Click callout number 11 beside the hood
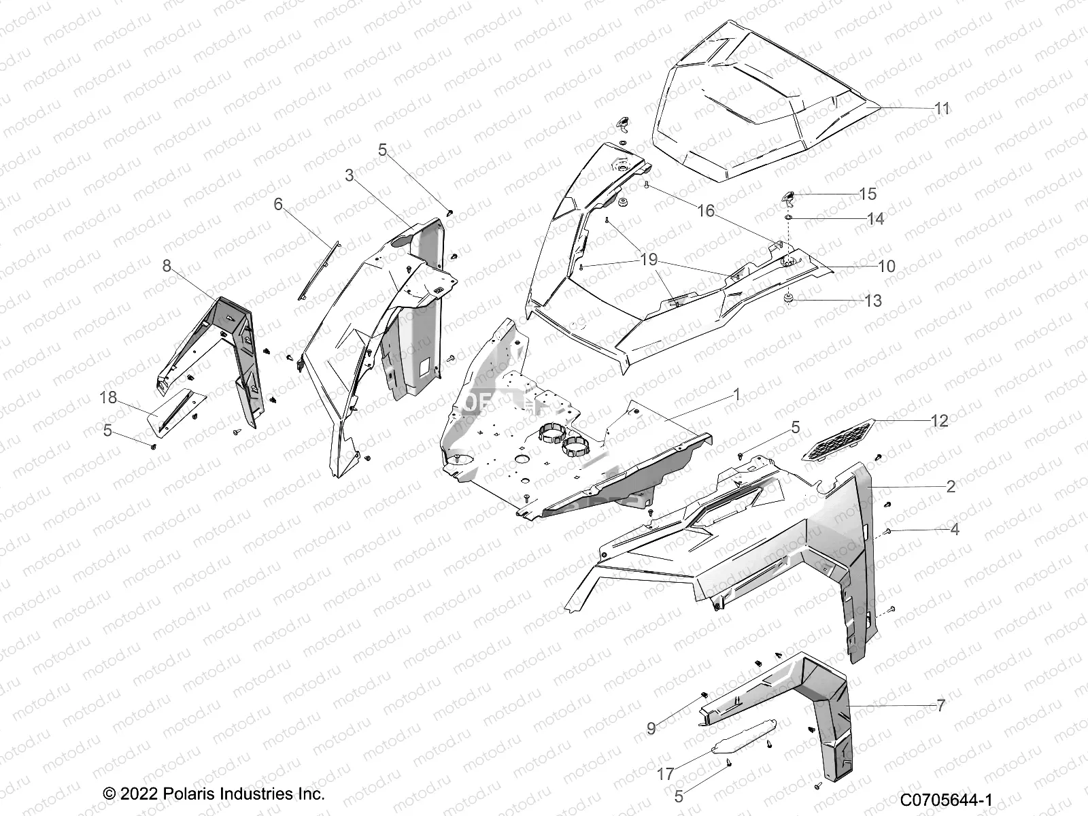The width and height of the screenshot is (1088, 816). pyautogui.click(x=942, y=109)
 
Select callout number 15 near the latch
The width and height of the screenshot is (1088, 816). pyautogui.click(x=868, y=194)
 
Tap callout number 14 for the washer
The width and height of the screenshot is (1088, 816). pyautogui.click(x=875, y=219)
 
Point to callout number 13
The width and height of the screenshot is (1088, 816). pyautogui.click(x=872, y=301)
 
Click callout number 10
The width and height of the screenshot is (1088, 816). pyautogui.click(x=887, y=267)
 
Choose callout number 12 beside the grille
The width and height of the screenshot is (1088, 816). pyautogui.click(x=939, y=422)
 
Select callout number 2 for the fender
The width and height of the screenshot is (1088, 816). pyautogui.click(x=951, y=486)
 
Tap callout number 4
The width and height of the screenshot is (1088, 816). pyautogui.click(x=955, y=529)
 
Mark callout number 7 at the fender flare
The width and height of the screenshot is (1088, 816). pyautogui.click(x=941, y=706)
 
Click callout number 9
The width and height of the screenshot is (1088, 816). pyautogui.click(x=651, y=729)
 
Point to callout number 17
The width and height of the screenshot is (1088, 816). pyautogui.click(x=666, y=775)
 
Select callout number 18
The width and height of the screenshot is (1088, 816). pyautogui.click(x=108, y=398)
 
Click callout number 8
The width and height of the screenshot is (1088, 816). pyautogui.click(x=167, y=266)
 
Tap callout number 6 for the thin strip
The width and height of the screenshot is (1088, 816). pyautogui.click(x=278, y=204)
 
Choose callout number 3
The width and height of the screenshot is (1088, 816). pyautogui.click(x=350, y=175)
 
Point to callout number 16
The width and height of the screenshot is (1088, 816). pyautogui.click(x=706, y=211)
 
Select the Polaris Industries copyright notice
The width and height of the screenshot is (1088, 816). pyautogui.click(x=214, y=794)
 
